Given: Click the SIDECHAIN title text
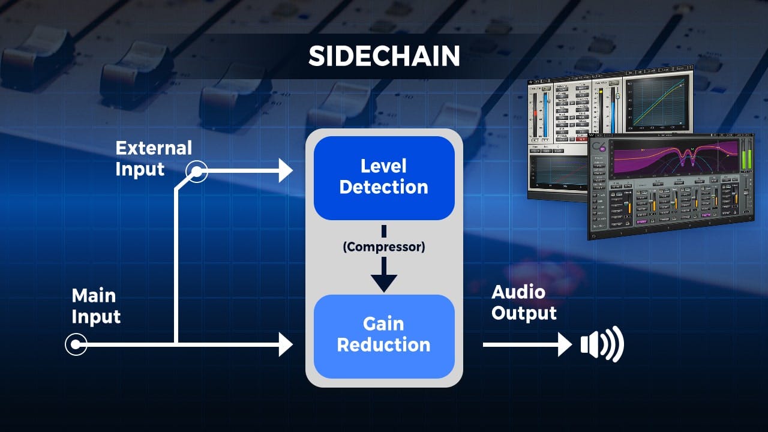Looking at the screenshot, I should point(384,56).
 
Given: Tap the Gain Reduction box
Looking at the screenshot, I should point(383,335).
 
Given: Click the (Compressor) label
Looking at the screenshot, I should point(383,247).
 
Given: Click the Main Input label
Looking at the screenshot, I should point(96,306).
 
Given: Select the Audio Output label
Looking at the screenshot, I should point(524,303).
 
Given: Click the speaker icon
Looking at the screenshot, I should point(602,345).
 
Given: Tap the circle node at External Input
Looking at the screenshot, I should point(196,172).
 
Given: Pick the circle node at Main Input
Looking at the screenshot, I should point(76,345).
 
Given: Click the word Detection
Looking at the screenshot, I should point(383,187).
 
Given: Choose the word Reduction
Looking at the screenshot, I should point(383,346).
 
